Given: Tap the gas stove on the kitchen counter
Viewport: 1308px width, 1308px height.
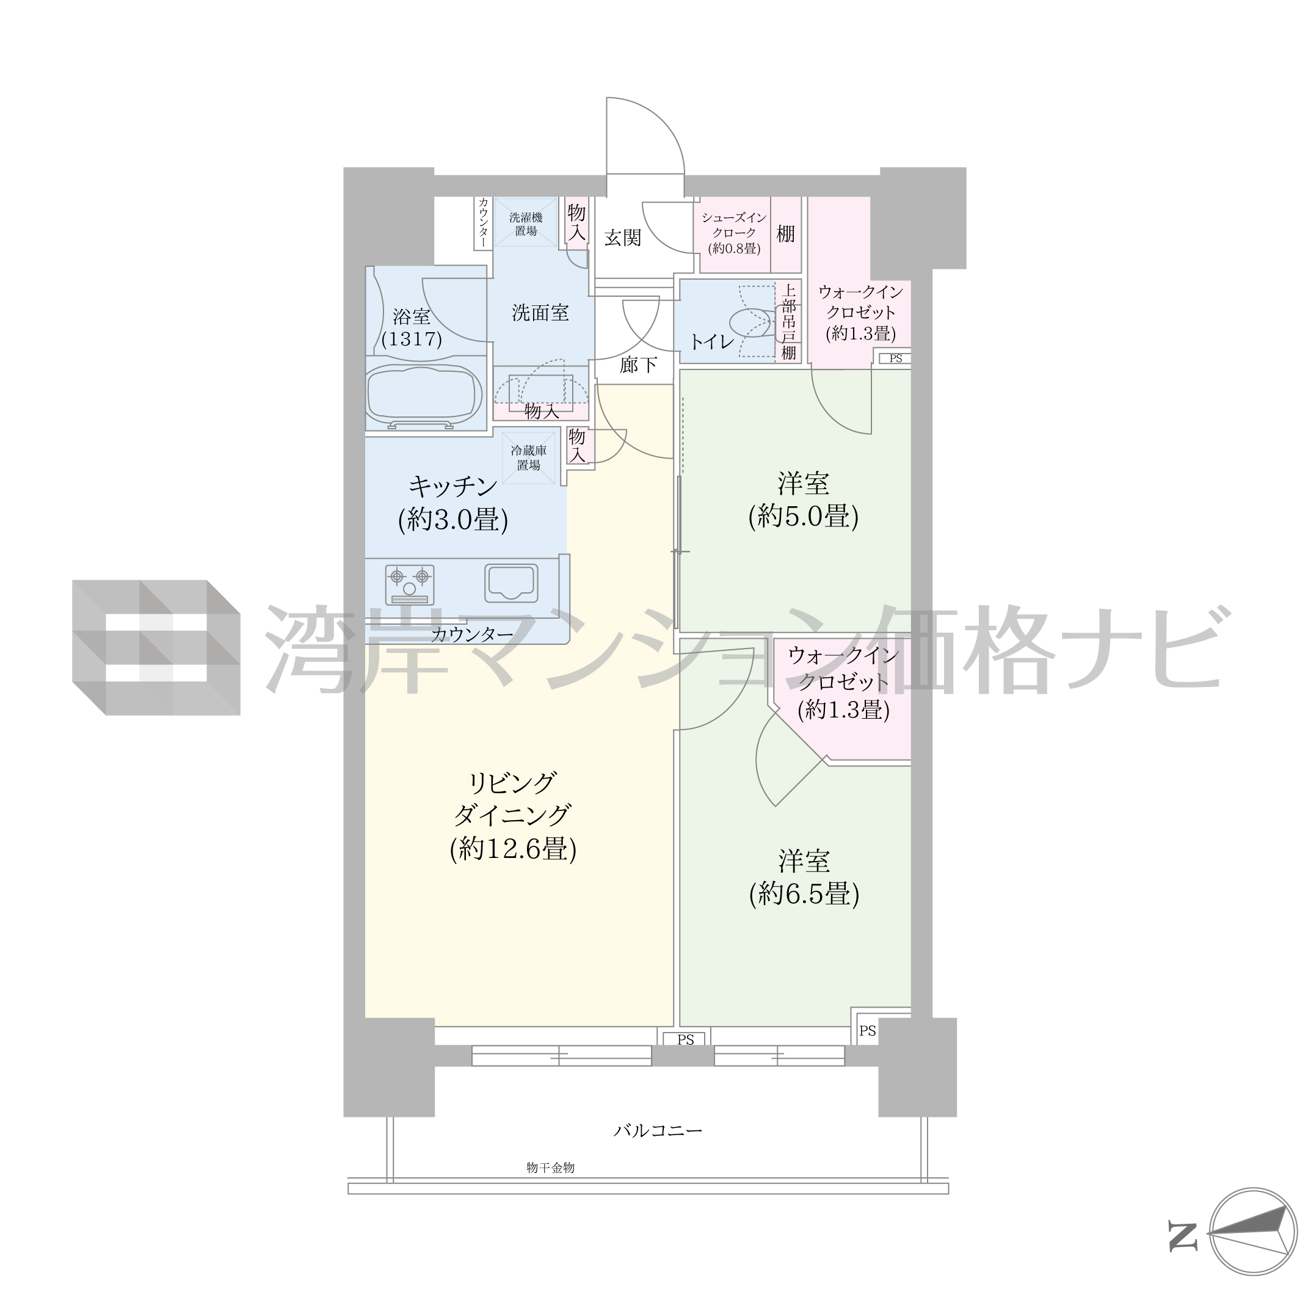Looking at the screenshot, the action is point(410,584).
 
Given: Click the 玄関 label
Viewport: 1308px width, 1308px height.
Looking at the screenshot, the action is point(622,238).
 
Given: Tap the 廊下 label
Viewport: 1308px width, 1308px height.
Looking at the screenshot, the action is point(638,365).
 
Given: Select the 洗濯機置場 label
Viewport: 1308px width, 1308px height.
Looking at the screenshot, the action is point(526,224).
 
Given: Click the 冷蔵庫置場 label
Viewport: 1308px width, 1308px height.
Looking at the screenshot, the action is point(529,457).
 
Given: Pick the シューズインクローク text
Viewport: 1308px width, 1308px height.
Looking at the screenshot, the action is point(735,225).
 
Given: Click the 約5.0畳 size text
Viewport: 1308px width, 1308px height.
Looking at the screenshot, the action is point(804,517).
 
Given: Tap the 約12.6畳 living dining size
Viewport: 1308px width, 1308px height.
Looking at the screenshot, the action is point(513,848).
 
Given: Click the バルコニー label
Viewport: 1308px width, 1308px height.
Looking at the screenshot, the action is point(658,1130).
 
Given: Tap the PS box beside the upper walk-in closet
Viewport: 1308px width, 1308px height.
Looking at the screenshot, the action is point(895,358).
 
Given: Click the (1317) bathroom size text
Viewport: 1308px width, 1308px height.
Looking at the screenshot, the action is point(412,338).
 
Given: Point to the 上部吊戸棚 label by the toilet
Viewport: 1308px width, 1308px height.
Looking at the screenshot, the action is point(789,321).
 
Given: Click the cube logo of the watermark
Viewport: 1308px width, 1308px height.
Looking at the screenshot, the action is point(156,647).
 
